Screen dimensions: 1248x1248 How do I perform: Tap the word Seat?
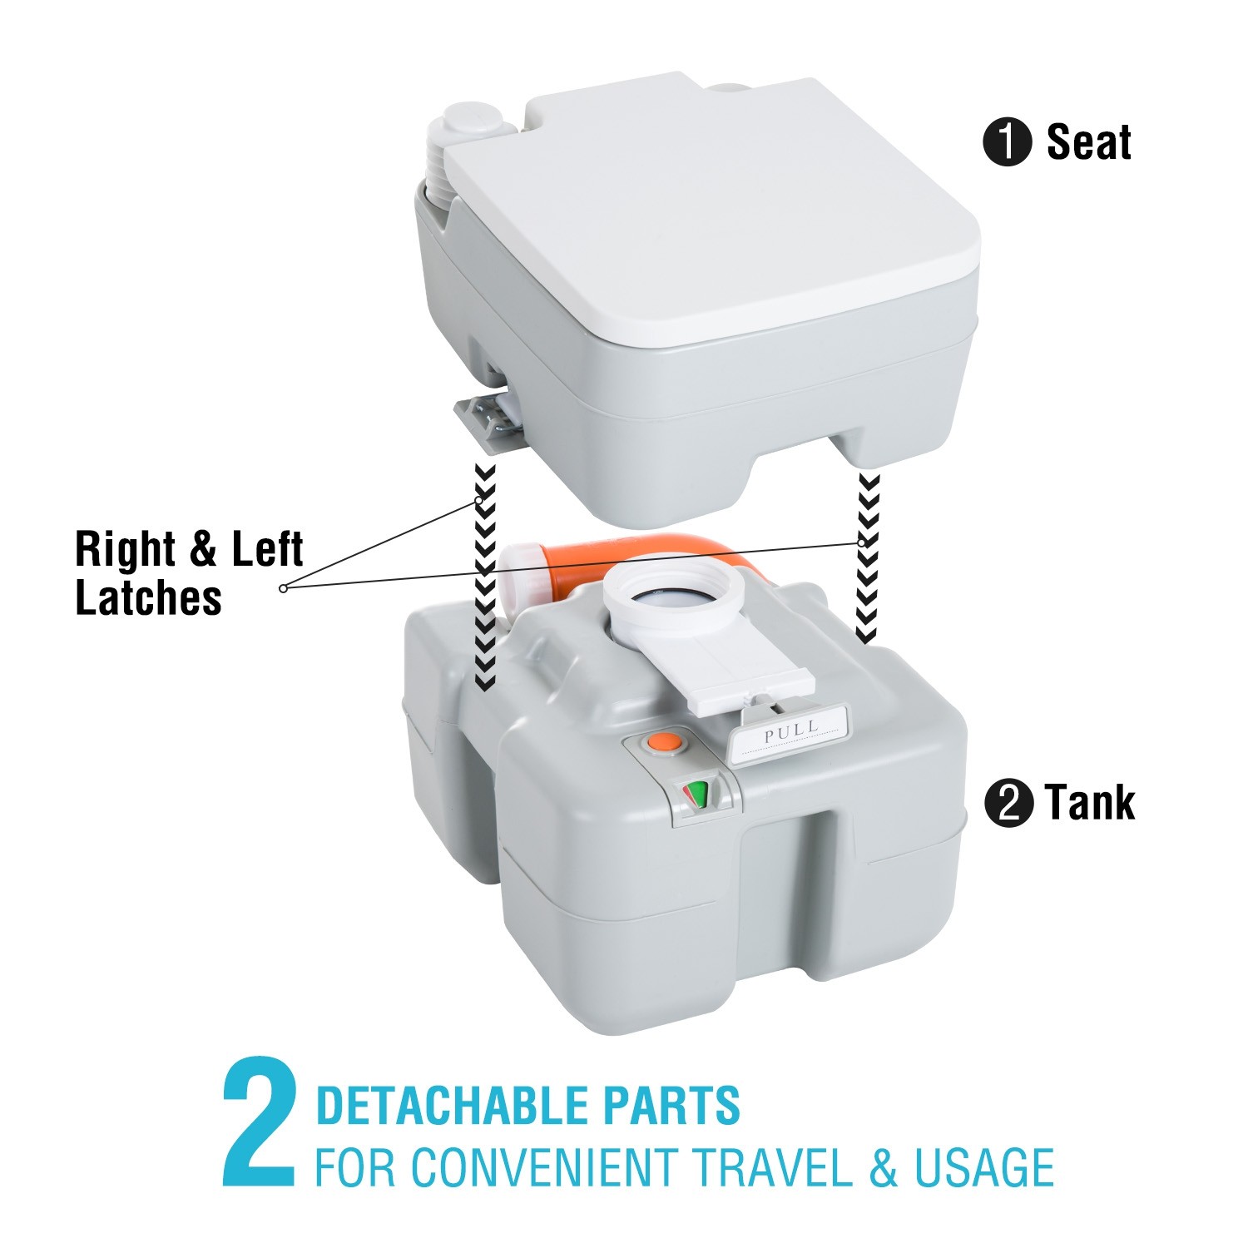[1088, 142]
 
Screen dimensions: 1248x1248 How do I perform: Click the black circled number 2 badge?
[1008, 804]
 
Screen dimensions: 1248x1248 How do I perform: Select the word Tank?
[1090, 803]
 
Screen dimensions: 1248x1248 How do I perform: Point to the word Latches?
[148, 598]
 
